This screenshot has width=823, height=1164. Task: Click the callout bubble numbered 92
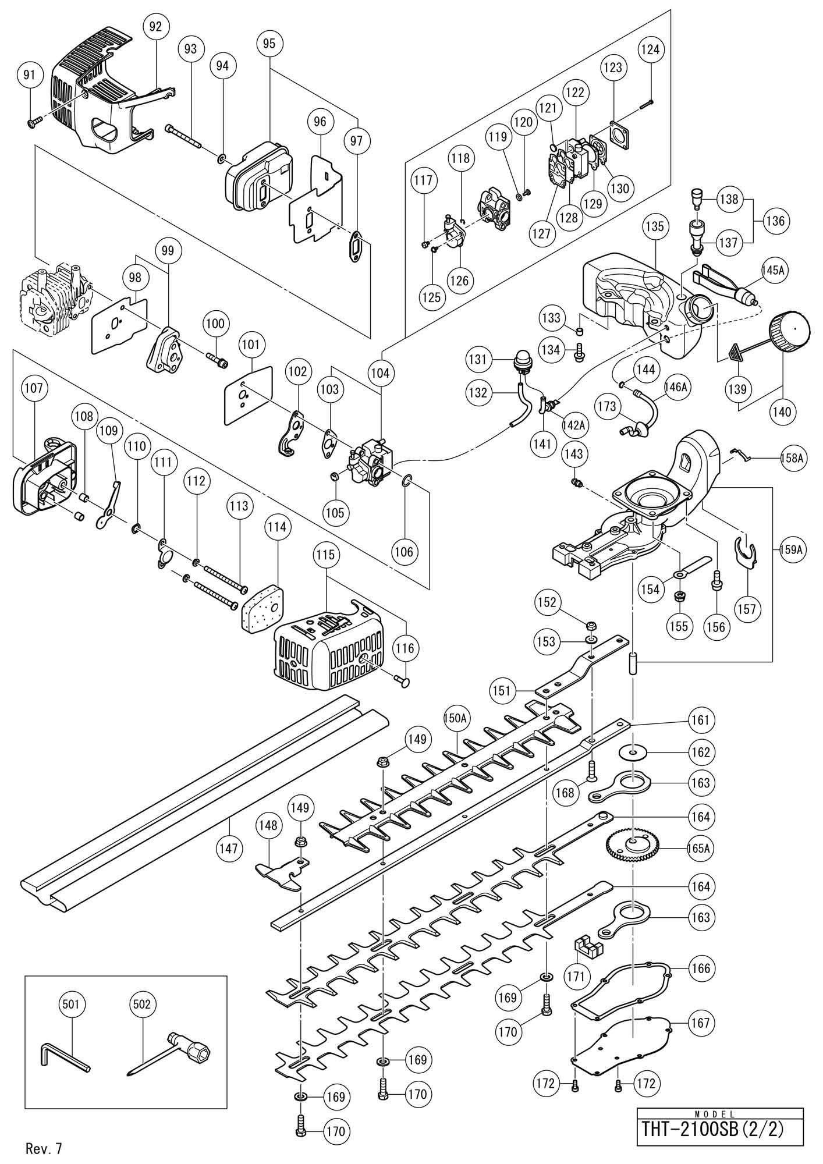(155, 27)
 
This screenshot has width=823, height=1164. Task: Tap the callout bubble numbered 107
(34, 388)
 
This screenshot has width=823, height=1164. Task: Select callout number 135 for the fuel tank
(654, 226)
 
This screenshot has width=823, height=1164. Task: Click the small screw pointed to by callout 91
(33, 121)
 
